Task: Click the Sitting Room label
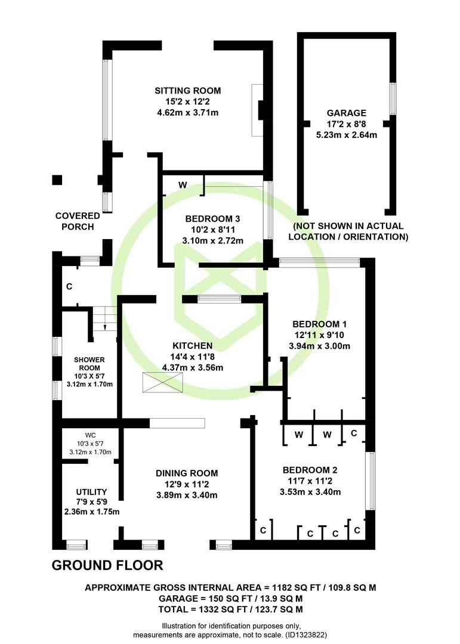(187, 91)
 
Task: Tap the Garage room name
(347, 113)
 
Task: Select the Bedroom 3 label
(212, 219)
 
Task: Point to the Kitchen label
(192, 346)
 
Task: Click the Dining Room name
(187, 473)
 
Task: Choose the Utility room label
(91, 492)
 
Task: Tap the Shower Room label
(89, 364)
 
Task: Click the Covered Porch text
(78, 221)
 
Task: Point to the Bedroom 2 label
(310, 470)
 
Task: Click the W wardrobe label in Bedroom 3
(183, 185)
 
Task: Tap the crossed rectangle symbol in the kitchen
(162, 382)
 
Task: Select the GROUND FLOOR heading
(107, 565)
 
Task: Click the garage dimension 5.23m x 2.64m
(347, 135)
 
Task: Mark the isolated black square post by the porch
(57, 180)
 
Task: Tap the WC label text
(91, 435)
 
